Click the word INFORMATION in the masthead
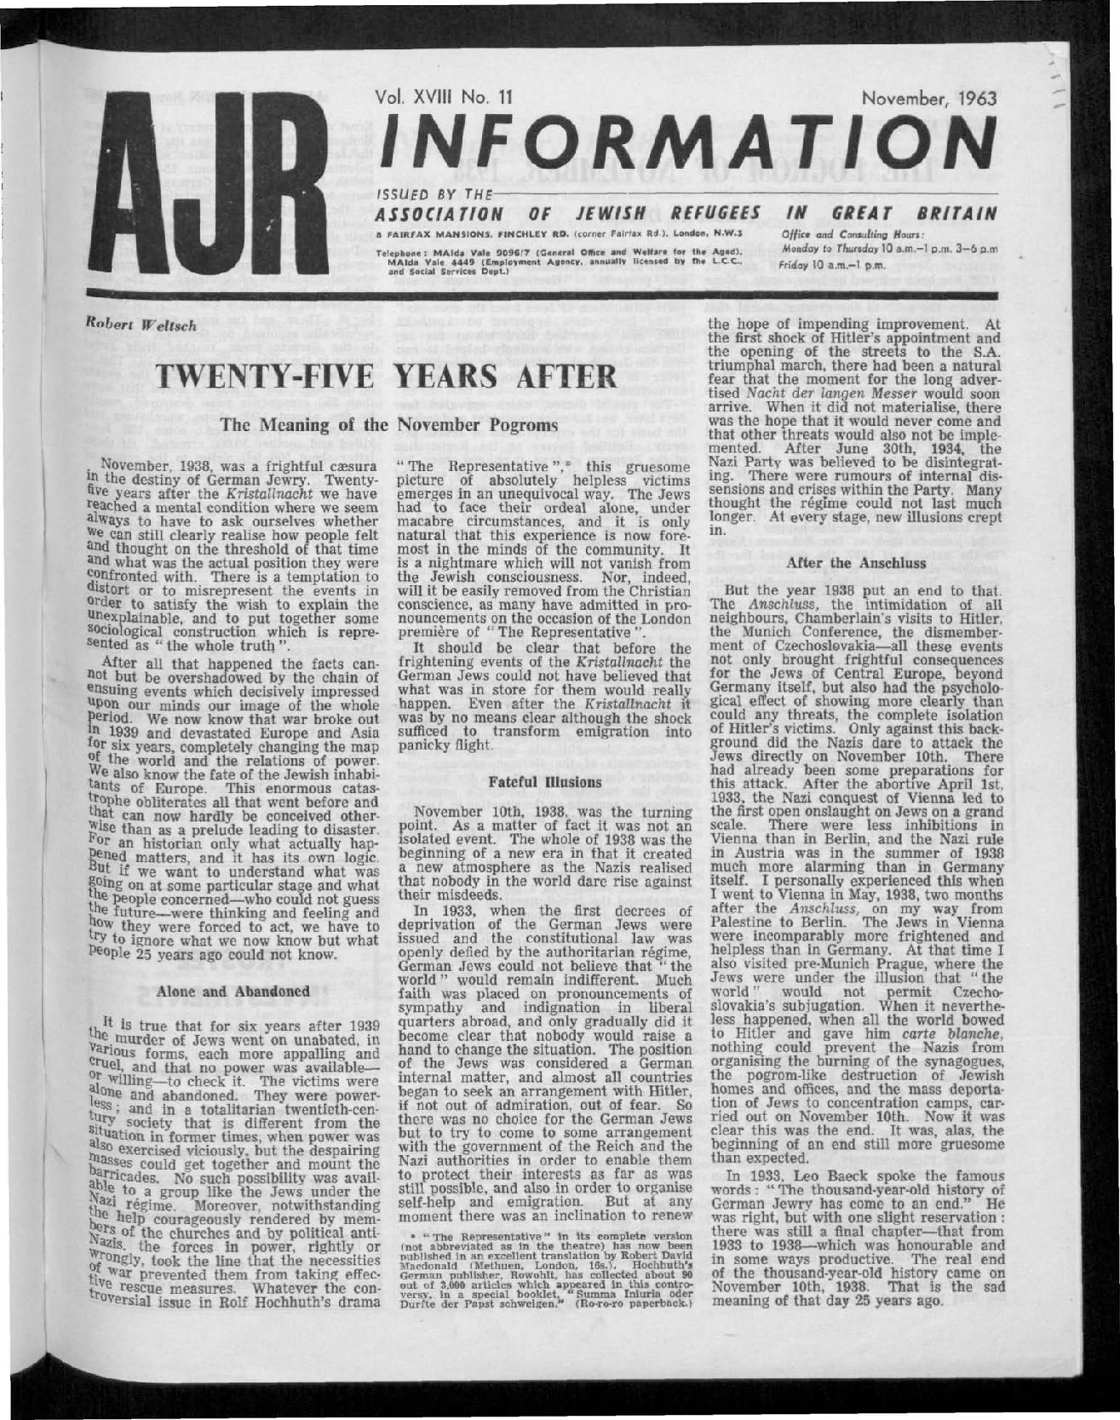[x=678, y=141]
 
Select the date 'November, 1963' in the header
[x=928, y=98]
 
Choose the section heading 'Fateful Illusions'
[x=544, y=777]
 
